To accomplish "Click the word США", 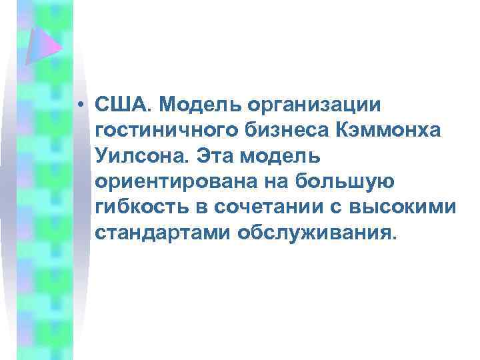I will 123,105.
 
